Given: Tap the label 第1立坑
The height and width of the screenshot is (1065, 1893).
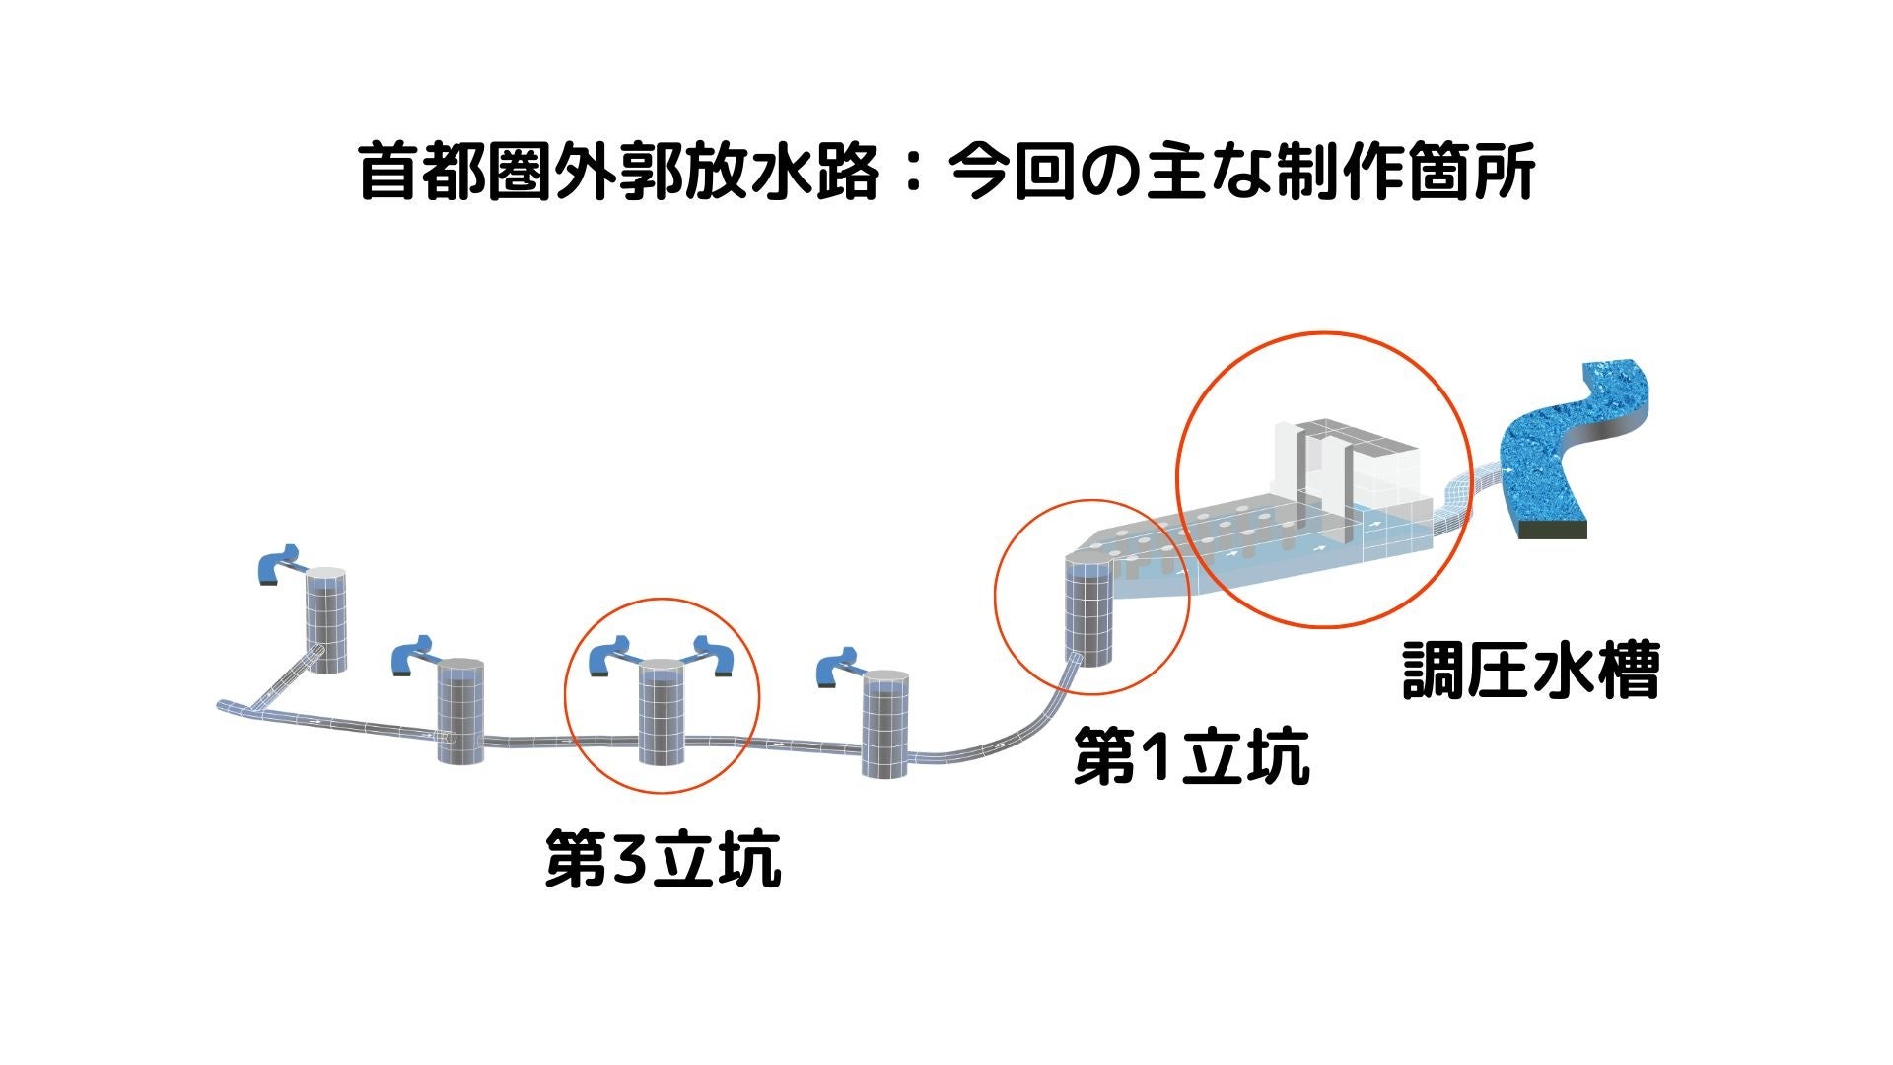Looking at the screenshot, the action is [1191, 756].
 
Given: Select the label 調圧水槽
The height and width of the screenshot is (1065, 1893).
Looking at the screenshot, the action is [1530, 672].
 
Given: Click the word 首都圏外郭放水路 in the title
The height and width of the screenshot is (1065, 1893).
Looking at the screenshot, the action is [618, 171].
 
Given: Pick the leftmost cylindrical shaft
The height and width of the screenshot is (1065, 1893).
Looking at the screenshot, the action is [325, 621].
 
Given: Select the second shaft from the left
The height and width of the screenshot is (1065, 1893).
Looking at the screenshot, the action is [460, 710].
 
